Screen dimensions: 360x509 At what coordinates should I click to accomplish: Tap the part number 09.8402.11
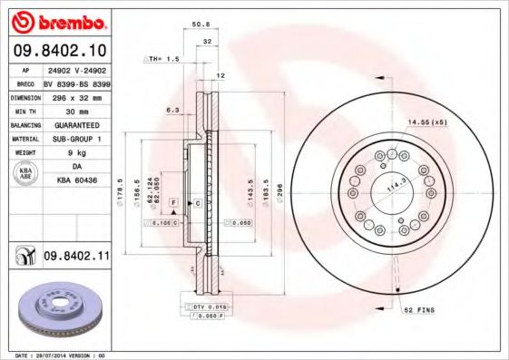(x=77, y=258)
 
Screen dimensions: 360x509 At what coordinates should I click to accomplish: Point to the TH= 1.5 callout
(x=164, y=58)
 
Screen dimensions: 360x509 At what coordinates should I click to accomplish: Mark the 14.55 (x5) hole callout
(x=428, y=121)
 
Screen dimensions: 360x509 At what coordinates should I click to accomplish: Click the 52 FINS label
(x=419, y=310)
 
